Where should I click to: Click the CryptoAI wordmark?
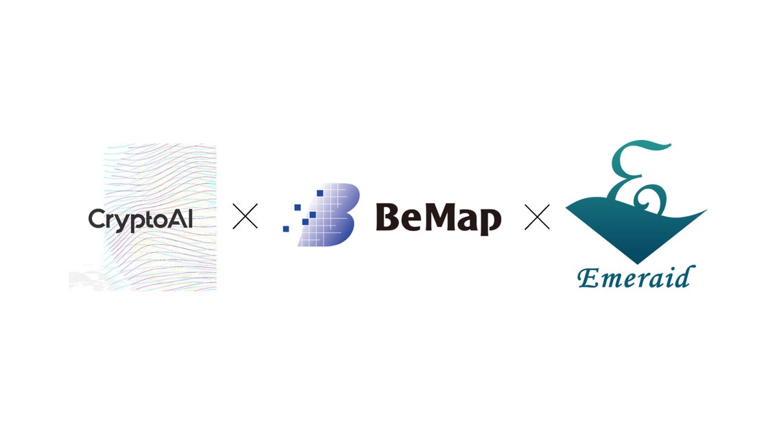pos(140,220)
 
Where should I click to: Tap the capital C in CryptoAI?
pos(97,219)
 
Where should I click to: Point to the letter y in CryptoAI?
pos(124,223)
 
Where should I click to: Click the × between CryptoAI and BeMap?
pos(245,217)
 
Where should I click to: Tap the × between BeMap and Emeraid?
pos(538,217)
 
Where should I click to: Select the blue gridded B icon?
pos(322,215)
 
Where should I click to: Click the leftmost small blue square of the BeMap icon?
pos(286,229)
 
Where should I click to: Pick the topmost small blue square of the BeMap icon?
pos(320,193)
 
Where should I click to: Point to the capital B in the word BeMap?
pos(387,217)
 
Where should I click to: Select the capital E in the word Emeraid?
pos(589,278)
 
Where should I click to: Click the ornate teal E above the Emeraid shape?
pos(638,177)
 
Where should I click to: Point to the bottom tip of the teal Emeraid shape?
pos(636,263)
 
